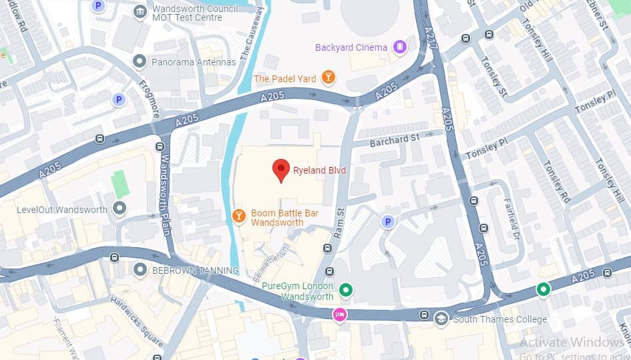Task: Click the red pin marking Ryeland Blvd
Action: pyautogui.click(x=281, y=170)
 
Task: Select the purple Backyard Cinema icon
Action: pyautogui.click(x=399, y=47)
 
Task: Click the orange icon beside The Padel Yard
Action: pyautogui.click(x=328, y=78)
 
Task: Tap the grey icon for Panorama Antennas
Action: pyautogui.click(x=140, y=62)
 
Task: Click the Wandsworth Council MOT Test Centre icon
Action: pyautogui.click(x=140, y=12)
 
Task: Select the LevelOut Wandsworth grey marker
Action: pyautogui.click(x=120, y=209)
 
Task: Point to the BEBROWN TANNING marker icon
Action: pyautogui.click(x=140, y=270)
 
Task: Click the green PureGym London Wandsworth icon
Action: pyautogui.click(x=345, y=290)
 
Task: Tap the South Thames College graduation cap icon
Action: pyautogui.click(x=441, y=319)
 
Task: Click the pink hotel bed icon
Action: pyautogui.click(x=341, y=314)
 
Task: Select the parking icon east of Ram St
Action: pyautogui.click(x=386, y=221)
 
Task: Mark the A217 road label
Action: pyautogui.click(x=429, y=41)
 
